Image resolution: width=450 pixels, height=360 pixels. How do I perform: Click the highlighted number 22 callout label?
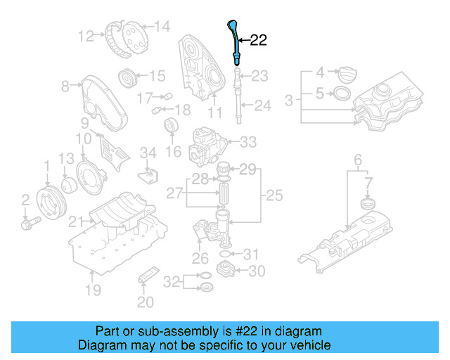[258, 41]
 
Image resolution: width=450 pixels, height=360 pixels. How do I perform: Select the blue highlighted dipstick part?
[235, 41]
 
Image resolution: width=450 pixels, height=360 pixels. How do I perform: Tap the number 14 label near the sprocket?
[162, 27]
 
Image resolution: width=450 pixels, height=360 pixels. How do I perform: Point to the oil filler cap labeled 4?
[347, 72]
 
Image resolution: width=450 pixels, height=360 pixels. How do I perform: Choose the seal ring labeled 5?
[341, 93]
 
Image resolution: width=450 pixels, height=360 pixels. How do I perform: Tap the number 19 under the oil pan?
[93, 289]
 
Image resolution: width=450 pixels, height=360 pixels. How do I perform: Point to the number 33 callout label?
[248, 142]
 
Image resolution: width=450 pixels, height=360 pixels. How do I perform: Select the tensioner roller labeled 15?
[128, 76]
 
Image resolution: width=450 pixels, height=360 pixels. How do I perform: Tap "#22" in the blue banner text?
[247, 331]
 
